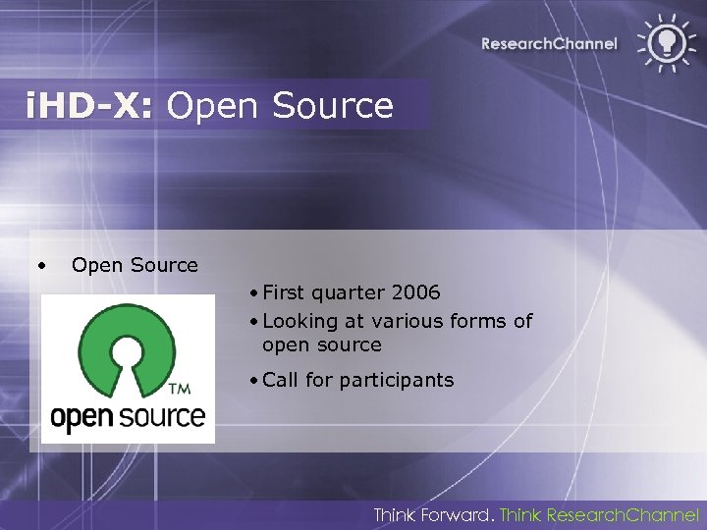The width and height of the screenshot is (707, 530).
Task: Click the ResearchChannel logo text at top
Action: coord(549,43)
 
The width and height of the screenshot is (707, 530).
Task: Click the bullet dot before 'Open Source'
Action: coord(40,265)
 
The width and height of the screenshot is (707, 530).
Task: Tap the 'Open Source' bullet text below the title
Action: coord(135,265)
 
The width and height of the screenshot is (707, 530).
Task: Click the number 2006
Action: coord(415,293)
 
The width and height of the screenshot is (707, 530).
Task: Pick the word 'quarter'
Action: coord(349,293)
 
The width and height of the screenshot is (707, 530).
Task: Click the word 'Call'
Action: coord(281,380)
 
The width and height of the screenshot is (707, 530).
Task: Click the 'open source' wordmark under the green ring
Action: coord(128,416)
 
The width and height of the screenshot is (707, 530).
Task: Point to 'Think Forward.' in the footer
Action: coord(433,514)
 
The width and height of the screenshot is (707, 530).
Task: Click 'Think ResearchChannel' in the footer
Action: coord(600,514)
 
